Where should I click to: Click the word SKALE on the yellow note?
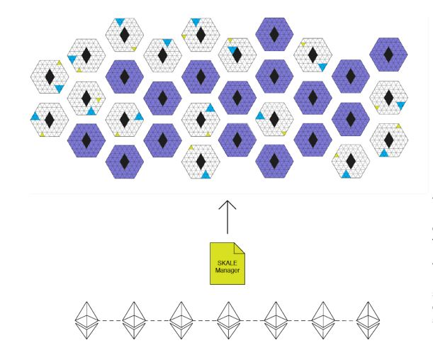pos(227,262)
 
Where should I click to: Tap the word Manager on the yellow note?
pos(227,269)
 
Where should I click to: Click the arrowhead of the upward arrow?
pos(227,204)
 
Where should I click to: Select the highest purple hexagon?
pos(274,35)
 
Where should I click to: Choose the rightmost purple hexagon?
pos(388,55)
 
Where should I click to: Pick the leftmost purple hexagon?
pos(86,140)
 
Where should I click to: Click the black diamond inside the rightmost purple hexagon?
pos(388,55)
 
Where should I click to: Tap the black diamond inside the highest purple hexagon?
pos(274,35)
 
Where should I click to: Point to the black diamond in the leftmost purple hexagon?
pos(86,140)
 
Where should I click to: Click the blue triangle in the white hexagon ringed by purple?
pos(260,115)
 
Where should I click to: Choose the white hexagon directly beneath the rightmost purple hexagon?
pos(388,98)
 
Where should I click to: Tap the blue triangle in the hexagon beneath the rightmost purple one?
pos(400,105)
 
